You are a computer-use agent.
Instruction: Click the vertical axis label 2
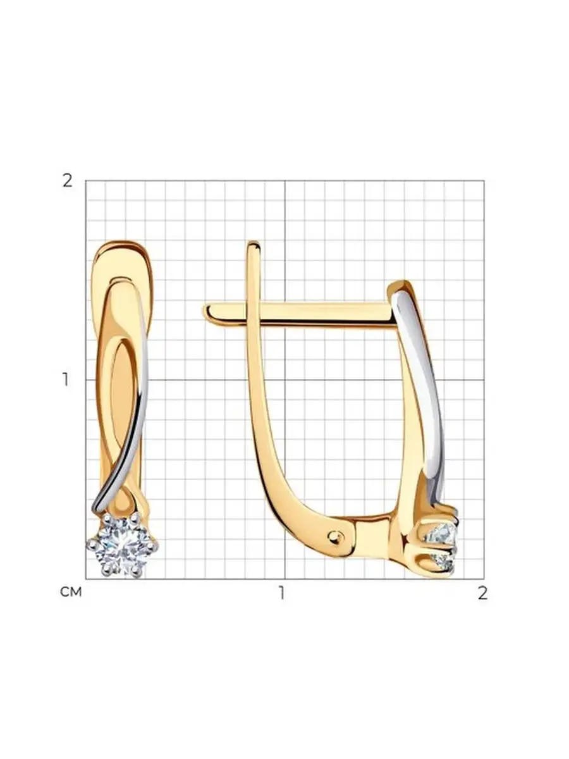click(x=68, y=181)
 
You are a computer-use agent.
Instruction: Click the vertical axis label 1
click(x=65, y=379)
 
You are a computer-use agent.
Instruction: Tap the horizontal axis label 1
click(x=283, y=593)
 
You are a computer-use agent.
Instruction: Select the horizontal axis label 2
click(x=482, y=593)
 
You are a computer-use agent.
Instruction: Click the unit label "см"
click(x=71, y=591)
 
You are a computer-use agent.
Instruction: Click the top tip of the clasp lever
click(x=254, y=244)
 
